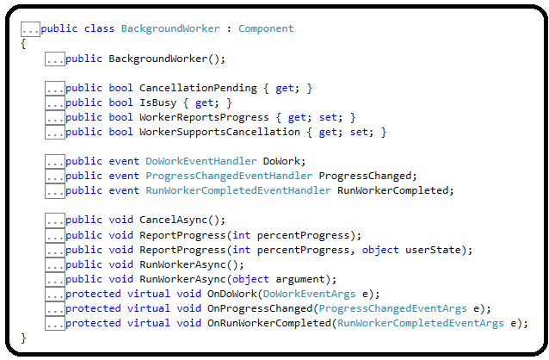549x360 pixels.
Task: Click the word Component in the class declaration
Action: coord(266,28)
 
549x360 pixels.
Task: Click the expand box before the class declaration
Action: coord(30,28)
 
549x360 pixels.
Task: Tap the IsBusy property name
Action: coord(157,102)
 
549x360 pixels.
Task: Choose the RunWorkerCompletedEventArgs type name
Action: coord(421,323)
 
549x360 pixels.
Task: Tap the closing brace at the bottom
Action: coord(24,338)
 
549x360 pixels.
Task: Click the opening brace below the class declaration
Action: coord(24,44)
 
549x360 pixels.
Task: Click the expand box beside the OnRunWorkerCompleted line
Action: coord(54,323)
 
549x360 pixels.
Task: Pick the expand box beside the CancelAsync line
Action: coord(54,220)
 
